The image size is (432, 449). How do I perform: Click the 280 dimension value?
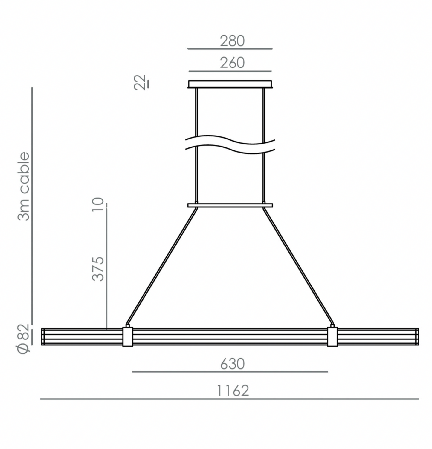pyautogui.click(x=232, y=41)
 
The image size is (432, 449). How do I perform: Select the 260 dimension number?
pyautogui.click(x=232, y=63)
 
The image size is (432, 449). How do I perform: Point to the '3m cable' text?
pyautogui.click(x=24, y=187)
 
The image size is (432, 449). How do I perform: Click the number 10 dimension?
pyautogui.click(x=98, y=204)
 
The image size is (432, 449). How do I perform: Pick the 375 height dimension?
pyautogui.click(x=98, y=269)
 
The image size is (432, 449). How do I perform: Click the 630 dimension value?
pyautogui.click(x=232, y=364)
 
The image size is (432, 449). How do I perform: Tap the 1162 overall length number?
pyautogui.click(x=233, y=390)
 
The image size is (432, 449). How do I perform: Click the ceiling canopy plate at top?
pyautogui.click(x=230, y=84)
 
